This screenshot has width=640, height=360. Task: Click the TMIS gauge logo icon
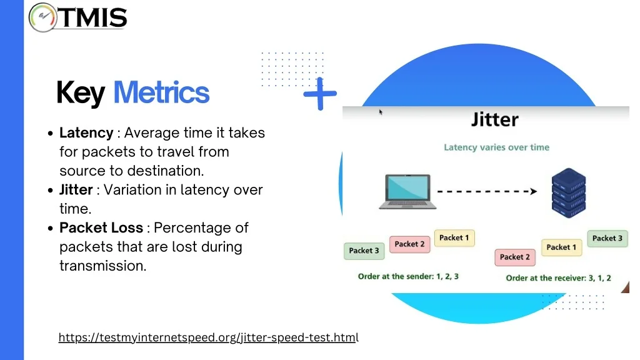click(x=43, y=17)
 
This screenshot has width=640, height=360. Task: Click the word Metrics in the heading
click(x=161, y=92)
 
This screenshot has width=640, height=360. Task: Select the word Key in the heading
click(x=81, y=94)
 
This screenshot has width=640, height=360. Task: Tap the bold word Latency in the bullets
click(x=86, y=132)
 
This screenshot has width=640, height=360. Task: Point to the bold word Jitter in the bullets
click(x=76, y=190)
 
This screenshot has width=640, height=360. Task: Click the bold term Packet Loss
click(x=101, y=227)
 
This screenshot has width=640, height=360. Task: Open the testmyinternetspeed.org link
click(x=209, y=337)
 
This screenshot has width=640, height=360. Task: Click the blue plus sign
click(x=320, y=94)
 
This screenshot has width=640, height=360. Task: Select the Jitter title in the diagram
click(x=495, y=119)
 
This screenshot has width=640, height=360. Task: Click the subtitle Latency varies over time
click(x=496, y=147)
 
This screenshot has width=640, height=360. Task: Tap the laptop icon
click(x=407, y=192)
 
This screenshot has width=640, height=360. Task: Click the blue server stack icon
click(x=569, y=192)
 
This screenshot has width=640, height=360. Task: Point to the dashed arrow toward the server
click(x=487, y=191)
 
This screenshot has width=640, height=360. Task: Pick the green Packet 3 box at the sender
click(x=364, y=251)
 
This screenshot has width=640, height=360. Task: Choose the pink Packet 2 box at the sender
click(x=410, y=244)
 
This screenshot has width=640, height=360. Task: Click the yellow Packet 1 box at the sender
click(x=454, y=238)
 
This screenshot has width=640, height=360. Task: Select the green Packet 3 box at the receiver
click(x=607, y=238)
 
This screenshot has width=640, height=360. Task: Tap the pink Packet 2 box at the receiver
click(x=515, y=257)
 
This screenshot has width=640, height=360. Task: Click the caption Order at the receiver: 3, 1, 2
click(x=558, y=278)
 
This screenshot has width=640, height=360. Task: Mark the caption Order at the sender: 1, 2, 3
click(x=408, y=276)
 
